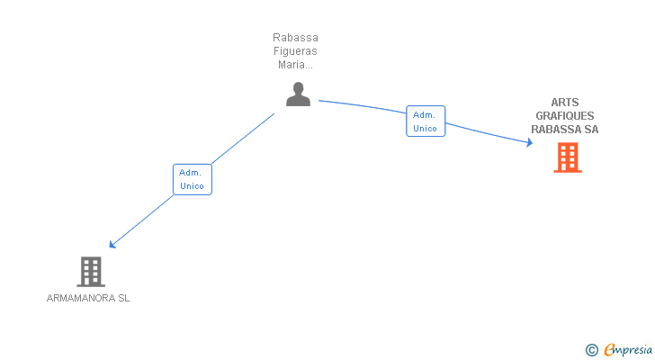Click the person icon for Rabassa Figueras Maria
[x=298, y=94]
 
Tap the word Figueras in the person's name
[x=296, y=51]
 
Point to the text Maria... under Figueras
[x=296, y=65]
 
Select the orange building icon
[x=567, y=157]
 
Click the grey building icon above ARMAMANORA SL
[x=91, y=271]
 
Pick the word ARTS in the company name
[x=565, y=103]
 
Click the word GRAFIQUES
[x=565, y=116]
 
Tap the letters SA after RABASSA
[x=590, y=130]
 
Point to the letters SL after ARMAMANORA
[x=123, y=298]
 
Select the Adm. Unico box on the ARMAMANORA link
[x=192, y=179]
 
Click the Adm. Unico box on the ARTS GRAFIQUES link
[x=425, y=121]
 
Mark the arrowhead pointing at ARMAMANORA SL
[x=112, y=244]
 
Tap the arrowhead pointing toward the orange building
[x=529, y=142]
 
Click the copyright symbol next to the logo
[x=591, y=350]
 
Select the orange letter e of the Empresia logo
[x=610, y=350]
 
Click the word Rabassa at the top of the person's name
[x=296, y=38]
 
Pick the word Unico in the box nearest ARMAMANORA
[x=192, y=186]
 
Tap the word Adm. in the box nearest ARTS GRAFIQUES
[x=425, y=114]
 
